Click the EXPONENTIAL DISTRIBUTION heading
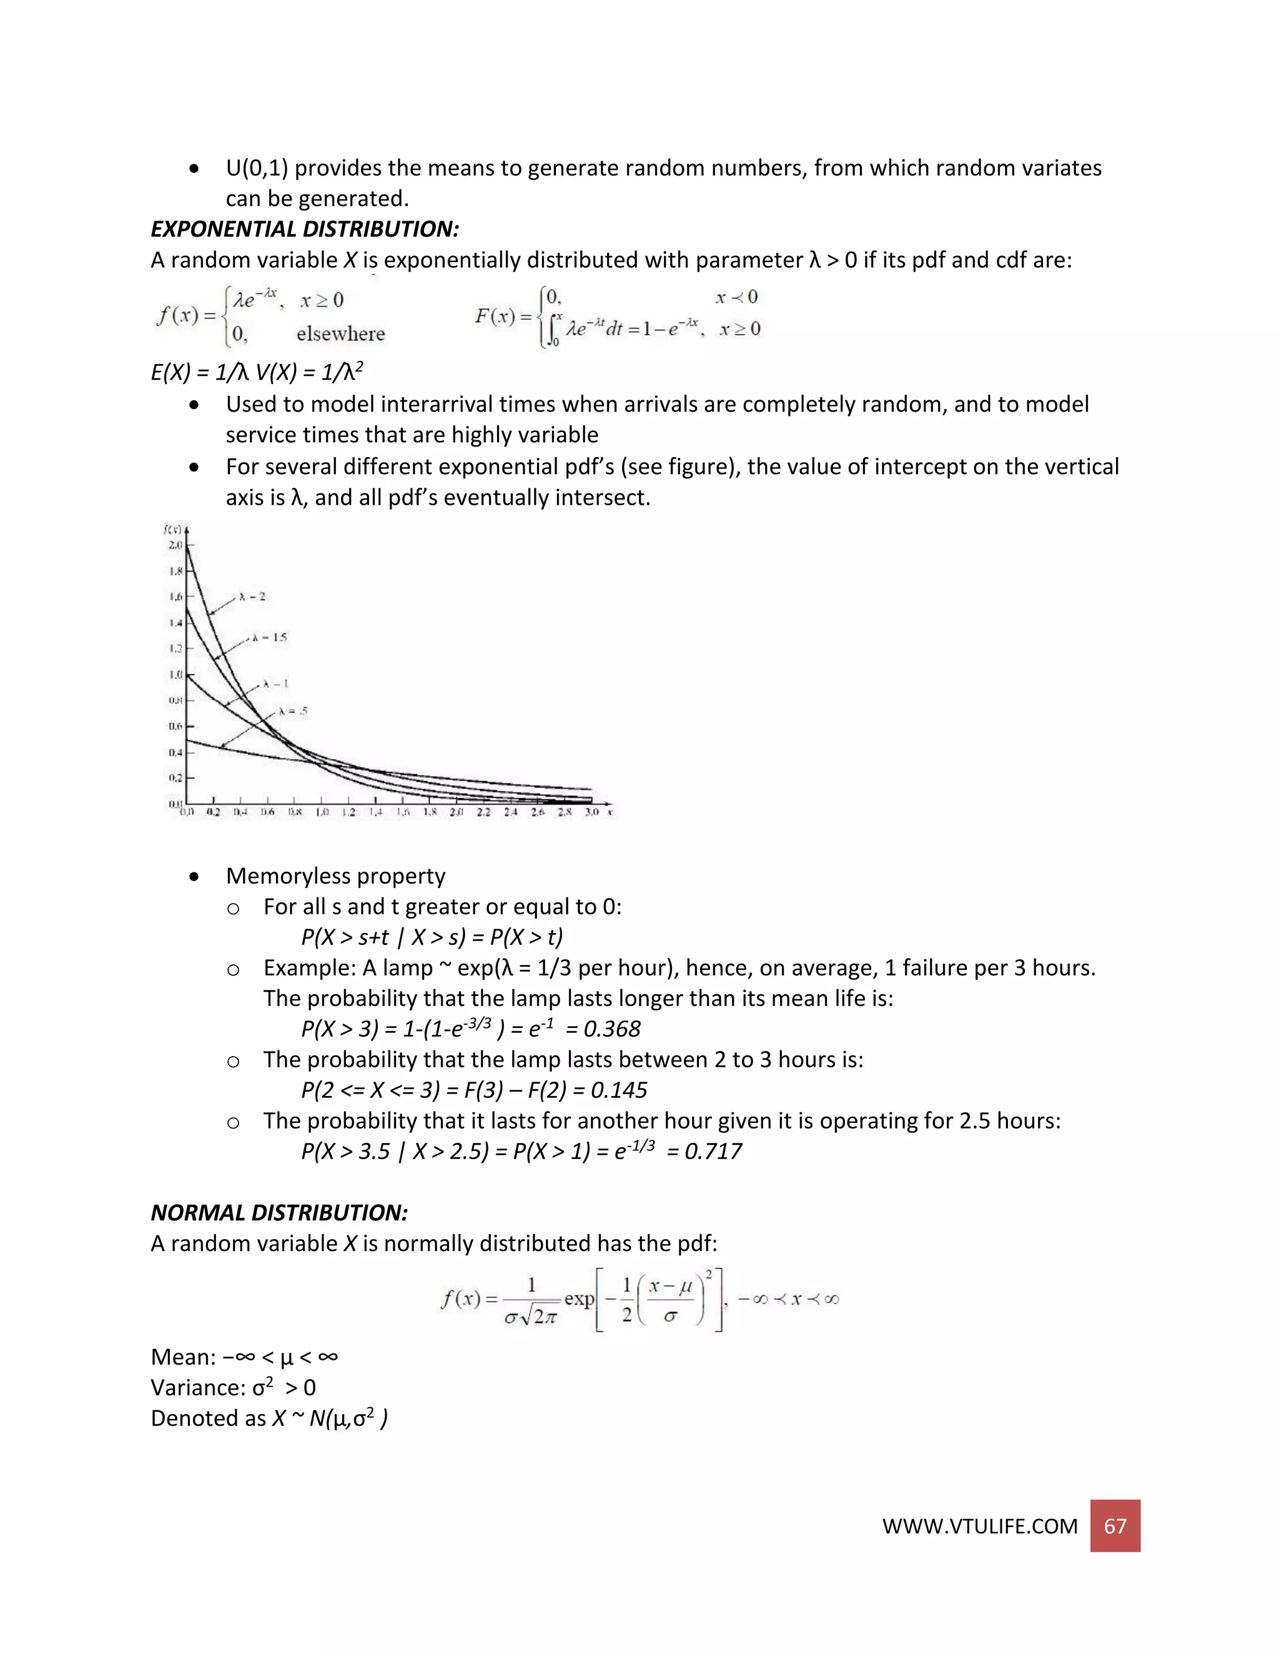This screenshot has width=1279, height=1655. pyautogui.click(x=305, y=229)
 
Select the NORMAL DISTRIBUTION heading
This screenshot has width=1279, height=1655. pyautogui.click(x=279, y=1212)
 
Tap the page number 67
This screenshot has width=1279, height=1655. pyautogui.click(x=1115, y=1526)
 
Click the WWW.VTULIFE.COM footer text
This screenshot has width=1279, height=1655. pyautogui.click(x=979, y=1526)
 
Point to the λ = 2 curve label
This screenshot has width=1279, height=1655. pyautogui.click(x=252, y=596)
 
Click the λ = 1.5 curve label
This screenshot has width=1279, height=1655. pyautogui.click(x=270, y=637)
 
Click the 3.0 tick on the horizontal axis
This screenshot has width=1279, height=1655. pyautogui.click(x=591, y=813)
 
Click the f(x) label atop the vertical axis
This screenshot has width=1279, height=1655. pyautogui.click(x=172, y=529)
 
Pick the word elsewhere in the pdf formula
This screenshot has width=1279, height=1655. pyautogui.click(x=340, y=334)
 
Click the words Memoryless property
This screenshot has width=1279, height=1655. pyautogui.click(x=335, y=876)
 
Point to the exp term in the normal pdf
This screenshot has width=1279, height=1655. pyautogui.click(x=579, y=1299)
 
